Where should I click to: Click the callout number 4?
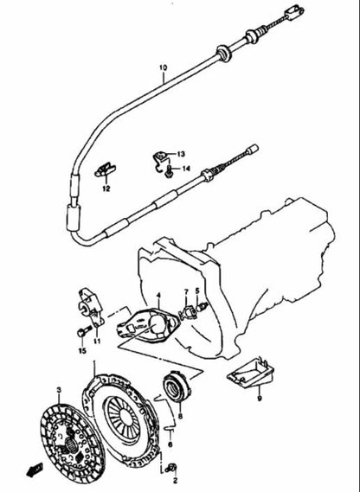coord(157,297)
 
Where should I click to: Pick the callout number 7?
coord(185,293)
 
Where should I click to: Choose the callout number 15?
coord(83,352)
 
